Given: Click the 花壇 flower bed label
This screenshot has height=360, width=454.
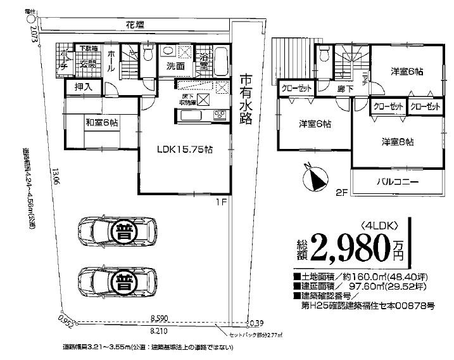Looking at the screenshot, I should (134, 25).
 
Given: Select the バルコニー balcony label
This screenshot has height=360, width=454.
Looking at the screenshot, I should (398, 181).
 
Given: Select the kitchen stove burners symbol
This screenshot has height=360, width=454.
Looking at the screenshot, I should (218, 115).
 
